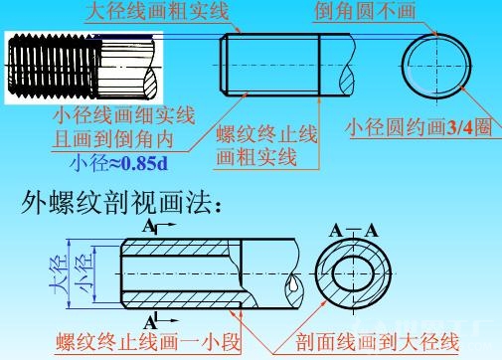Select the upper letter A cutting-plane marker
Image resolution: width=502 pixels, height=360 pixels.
tap(148, 228)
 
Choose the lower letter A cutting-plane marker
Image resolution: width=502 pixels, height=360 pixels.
tap(149, 321)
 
